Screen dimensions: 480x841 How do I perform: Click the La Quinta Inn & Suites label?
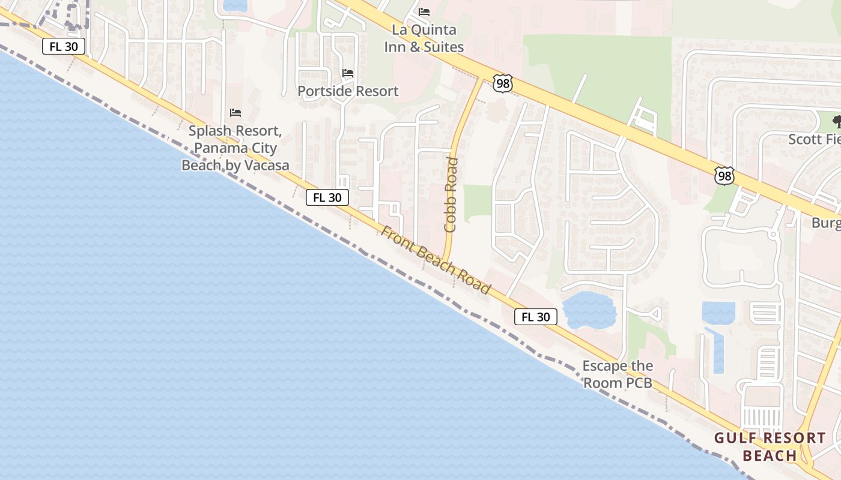(x=424, y=38)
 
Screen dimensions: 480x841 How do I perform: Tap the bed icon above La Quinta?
(x=424, y=12)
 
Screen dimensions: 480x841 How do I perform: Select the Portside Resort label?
(x=348, y=91)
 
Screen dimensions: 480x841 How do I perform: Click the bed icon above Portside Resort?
(x=348, y=73)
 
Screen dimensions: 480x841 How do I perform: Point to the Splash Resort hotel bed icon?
(x=235, y=113)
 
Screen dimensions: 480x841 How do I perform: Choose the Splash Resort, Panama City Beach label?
(x=235, y=148)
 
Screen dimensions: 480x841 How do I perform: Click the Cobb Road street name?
(x=451, y=195)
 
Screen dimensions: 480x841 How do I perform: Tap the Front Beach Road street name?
(x=436, y=260)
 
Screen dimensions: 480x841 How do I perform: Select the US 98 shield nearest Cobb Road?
(x=502, y=83)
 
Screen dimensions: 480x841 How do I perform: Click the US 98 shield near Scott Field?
(x=724, y=176)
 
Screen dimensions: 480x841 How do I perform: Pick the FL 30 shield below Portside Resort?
(x=327, y=197)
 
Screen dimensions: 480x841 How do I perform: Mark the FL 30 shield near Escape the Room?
(x=535, y=317)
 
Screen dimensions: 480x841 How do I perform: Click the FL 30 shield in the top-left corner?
(x=64, y=47)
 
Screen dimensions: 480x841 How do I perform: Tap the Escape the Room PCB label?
(x=618, y=374)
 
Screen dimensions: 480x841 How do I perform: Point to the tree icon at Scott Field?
(x=836, y=122)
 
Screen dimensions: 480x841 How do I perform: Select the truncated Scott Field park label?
(x=814, y=139)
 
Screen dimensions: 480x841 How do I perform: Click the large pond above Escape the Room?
(x=589, y=309)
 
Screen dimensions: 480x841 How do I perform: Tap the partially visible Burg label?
(x=826, y=223)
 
